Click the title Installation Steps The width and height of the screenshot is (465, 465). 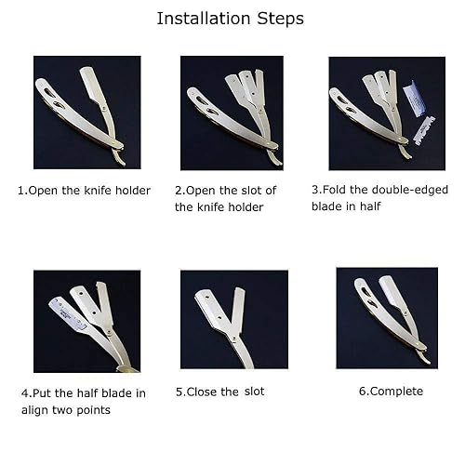click(x=230, y=18)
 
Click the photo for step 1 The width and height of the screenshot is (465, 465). click(x=86, y=112)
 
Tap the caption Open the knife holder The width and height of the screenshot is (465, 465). click(x=84, y=190)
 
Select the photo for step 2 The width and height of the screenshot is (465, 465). click(x=231, y=112)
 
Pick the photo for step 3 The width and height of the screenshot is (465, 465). click(x=386, y=112)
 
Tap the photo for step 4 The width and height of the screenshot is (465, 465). click(x=86, y=321)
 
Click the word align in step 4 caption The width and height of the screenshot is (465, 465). click(x=36, y=410)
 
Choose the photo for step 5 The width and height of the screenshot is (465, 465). click(x=231, y=321)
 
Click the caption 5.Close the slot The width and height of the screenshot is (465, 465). click(x=219, y=392)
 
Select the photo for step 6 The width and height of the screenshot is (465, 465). click(x=386, y=317)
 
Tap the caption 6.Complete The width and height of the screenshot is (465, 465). click(x=391, y=391)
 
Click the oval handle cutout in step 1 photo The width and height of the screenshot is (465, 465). click(x=58, y=105)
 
